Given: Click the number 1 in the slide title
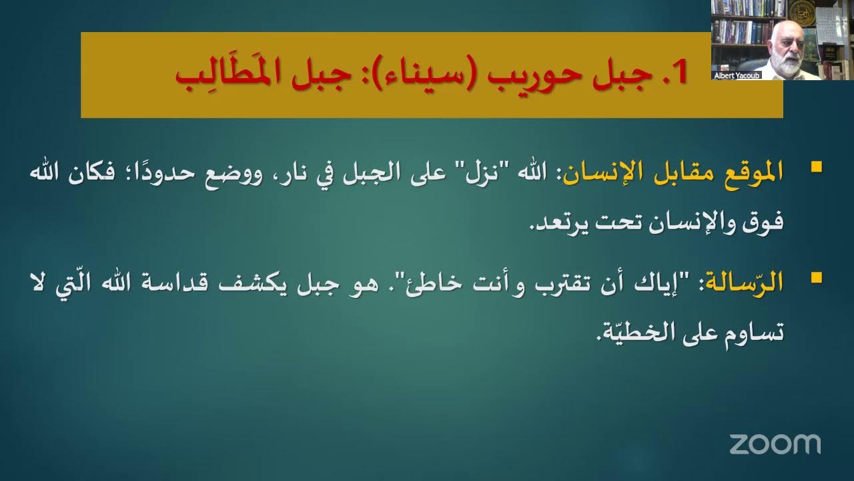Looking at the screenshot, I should pyautogui.click(x=679, y=73).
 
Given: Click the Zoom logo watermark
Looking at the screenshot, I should pyautogui.click(x=775, y=444).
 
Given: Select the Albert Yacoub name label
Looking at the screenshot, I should pyautogui.click(x=737, y=75).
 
